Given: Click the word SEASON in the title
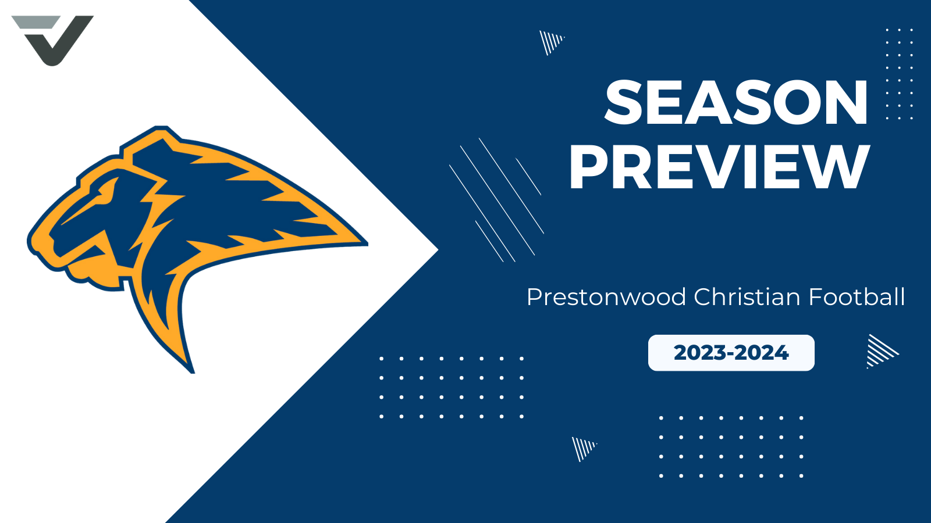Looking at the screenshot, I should pyautogui.click(x=736, y=103).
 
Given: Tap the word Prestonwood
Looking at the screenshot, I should pyautogui.click(x=606, y=297).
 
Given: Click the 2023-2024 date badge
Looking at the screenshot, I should pyautogui.click(x=731, y=353).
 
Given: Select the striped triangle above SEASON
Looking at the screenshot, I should pyautogui.click(x=550, y=42).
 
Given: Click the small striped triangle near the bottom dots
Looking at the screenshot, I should pyautogui.click(x=583, y=448).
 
